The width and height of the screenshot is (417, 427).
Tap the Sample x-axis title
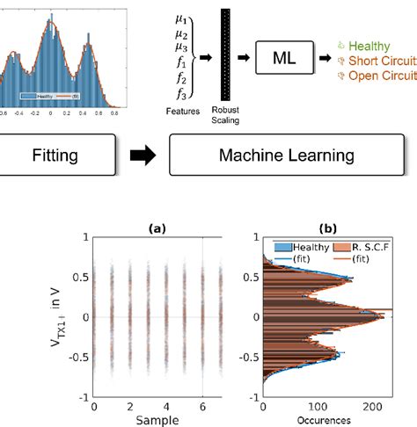point(157,420)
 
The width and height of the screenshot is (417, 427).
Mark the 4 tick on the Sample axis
point(168,407)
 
